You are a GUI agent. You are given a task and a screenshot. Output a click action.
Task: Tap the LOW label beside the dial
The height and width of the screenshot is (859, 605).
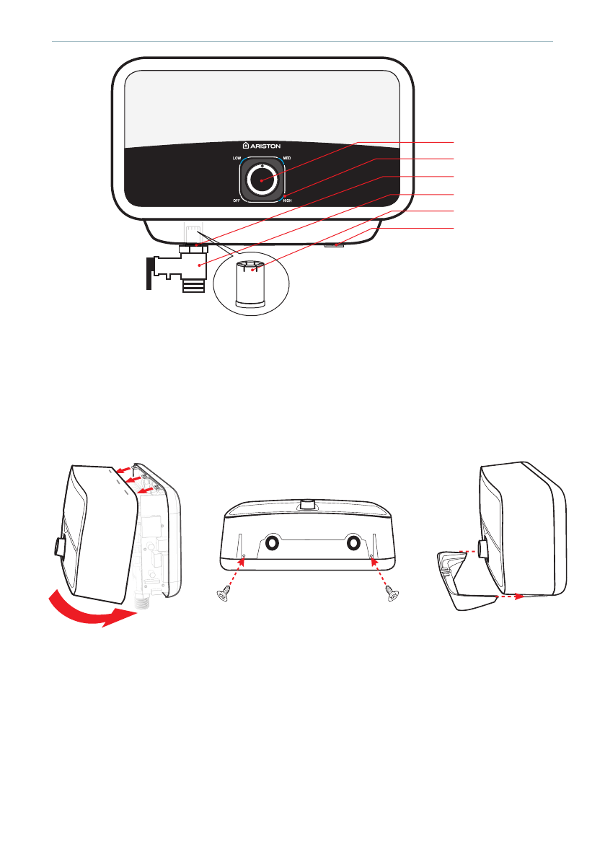click(237, 157)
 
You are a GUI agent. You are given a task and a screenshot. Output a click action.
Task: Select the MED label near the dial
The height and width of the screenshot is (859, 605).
click(287, 157)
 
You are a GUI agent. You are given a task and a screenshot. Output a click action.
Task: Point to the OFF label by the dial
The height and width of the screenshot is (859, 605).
click(236, 200)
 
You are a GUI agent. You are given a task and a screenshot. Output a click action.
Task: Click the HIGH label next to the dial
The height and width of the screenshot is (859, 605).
click(288, 200)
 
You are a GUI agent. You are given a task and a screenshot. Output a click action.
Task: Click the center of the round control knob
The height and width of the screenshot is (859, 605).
click(262, 178)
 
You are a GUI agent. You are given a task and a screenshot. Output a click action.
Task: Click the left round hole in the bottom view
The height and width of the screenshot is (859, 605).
click(274, 542)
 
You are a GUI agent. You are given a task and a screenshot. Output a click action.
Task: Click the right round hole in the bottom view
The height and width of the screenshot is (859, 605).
click(354, 542)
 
